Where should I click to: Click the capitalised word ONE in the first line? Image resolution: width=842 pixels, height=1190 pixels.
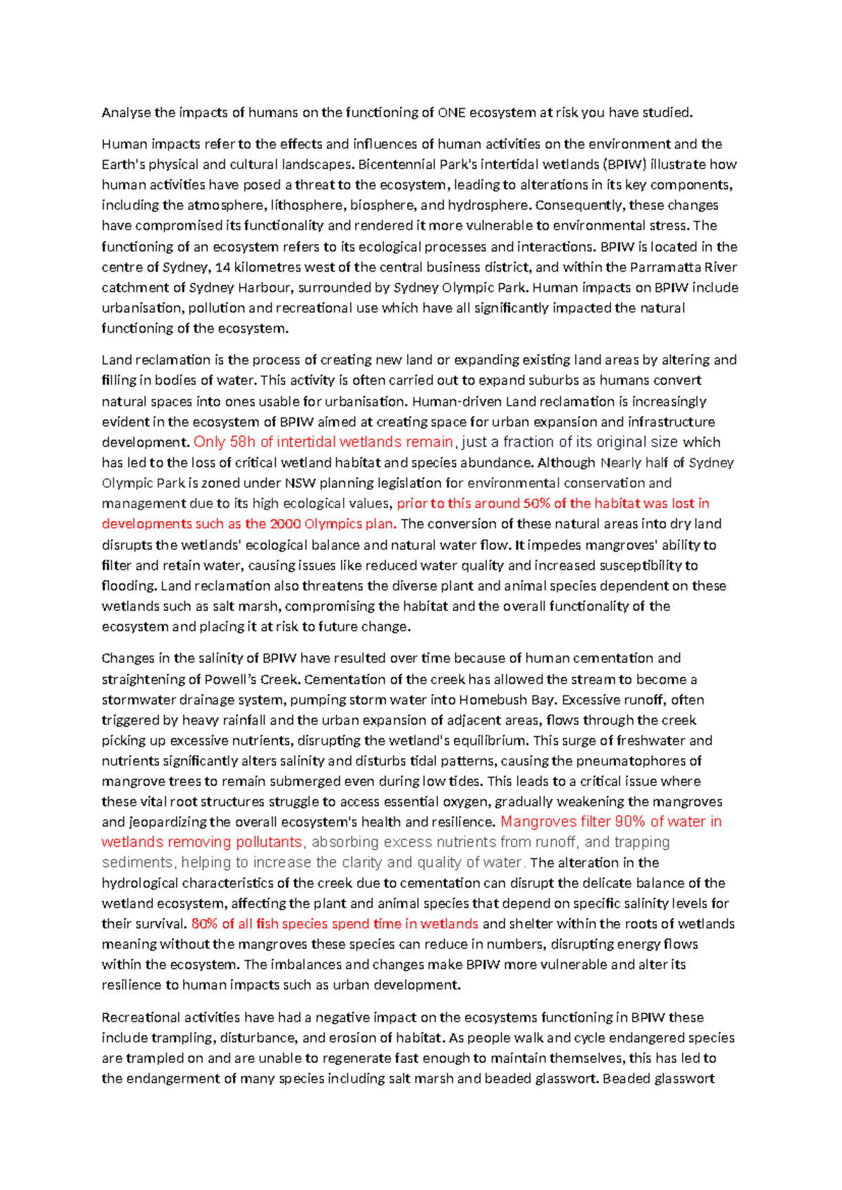[451, 112]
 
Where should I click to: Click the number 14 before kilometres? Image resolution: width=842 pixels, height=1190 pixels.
[222, 267]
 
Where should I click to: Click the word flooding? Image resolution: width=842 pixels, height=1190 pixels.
[129, 586]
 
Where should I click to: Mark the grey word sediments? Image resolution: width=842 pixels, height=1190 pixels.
[138, 863]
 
